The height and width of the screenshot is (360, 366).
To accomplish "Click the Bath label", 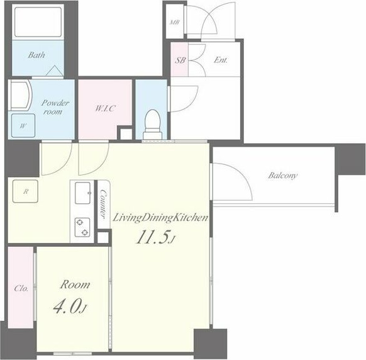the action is pos(36,55).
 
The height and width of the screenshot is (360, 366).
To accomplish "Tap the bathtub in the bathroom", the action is pos(38,22).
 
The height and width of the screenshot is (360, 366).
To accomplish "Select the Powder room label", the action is pos(55,107).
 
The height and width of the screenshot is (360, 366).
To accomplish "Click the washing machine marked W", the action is pos(23,125).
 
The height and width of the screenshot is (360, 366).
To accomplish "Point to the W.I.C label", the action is pos(105,108).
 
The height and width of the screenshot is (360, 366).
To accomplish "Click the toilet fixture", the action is pos(153,125).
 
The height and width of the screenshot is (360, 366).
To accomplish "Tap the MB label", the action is pos(175,23).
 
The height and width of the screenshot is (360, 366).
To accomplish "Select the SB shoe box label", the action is pos(180,60).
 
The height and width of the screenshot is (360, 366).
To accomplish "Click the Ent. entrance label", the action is pos(221,60).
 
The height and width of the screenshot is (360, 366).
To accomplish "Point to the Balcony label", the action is pos(282,175).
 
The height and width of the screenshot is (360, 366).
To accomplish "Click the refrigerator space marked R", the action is pos(25,191).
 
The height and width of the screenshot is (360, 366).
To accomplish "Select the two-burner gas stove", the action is pos(82,227).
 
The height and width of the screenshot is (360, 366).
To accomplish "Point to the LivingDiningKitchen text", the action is pos(160,218).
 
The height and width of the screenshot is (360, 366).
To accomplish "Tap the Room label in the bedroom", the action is pos(75,284).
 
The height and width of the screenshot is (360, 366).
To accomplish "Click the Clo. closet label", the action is pos(21,288).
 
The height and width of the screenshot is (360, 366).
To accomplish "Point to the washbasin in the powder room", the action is pos(20,95).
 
